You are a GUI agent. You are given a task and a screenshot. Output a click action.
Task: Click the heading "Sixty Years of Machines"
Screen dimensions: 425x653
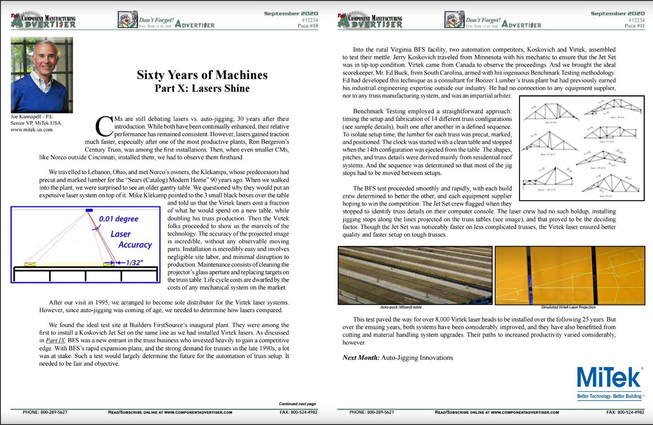pos(202,75)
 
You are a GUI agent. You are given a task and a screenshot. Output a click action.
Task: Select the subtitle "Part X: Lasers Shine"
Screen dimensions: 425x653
pos(202,88)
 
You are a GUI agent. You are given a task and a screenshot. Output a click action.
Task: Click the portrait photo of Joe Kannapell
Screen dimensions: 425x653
pos(41,75)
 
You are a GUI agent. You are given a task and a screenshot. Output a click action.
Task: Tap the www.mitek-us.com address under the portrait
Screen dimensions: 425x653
pos(31,130)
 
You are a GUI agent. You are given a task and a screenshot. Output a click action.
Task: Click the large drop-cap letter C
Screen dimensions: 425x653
pos(104,126)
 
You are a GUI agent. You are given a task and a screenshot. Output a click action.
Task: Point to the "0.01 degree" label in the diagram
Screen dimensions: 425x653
pos(119,219)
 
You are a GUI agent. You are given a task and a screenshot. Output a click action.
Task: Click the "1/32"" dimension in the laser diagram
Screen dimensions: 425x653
pos(133,262)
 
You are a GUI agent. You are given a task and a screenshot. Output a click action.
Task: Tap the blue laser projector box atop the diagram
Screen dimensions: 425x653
pos(89,210)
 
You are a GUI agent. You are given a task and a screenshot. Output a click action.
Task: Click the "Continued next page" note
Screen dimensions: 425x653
pos(297,404)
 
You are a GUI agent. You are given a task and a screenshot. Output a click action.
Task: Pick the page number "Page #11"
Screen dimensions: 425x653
pos(634,26)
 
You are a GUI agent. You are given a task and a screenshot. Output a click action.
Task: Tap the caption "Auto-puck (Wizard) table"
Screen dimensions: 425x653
pos(401,307)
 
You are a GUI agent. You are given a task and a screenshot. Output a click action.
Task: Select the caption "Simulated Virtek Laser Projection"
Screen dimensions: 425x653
pos(568,307)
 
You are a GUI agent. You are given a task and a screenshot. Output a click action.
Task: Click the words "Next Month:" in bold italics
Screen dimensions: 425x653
pos(360,358)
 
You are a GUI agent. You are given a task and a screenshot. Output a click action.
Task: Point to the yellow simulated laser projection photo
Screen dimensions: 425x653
pos(569,275)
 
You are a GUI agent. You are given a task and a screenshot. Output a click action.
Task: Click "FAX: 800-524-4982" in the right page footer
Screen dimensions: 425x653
pos(625,412)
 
